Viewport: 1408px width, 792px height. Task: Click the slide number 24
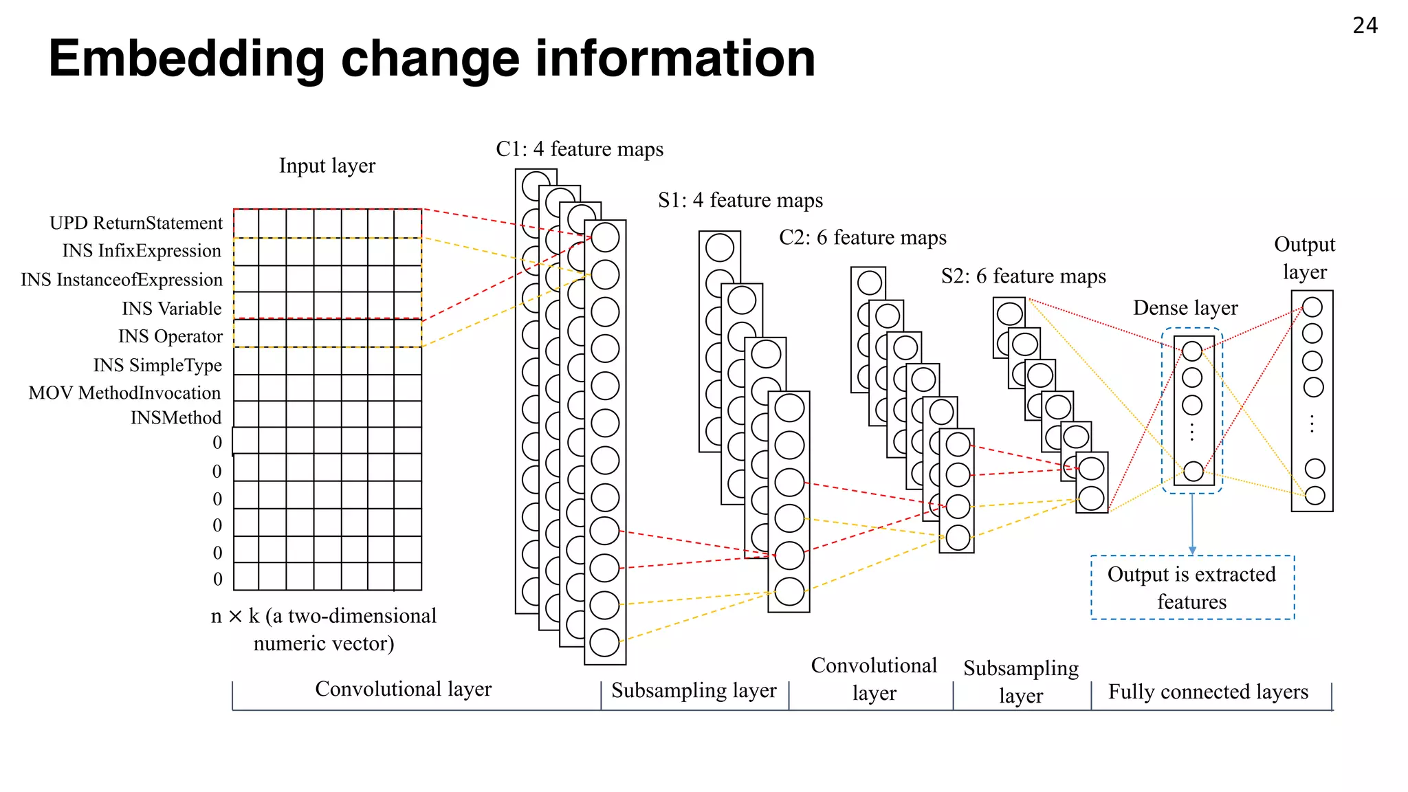click(1365, 25)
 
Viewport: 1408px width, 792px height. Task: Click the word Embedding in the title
click(186, 59)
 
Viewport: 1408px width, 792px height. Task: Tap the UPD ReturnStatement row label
click(136, 223)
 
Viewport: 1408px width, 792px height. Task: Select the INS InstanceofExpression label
click(122, 280)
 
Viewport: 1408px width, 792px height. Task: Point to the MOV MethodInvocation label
click(124, 393)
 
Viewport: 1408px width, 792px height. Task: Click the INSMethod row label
click(176, 418)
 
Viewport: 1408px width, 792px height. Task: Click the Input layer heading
click(327, 166)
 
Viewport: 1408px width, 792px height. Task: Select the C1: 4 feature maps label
click(580, 149)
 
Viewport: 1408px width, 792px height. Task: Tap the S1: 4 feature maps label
click(740, 200)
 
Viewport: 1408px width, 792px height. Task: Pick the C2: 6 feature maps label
click(863, 238)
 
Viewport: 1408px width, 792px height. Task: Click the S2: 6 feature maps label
click(1024, 276)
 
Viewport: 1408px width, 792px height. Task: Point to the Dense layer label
click(1185, 308)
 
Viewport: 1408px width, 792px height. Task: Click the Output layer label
click(1304, 258)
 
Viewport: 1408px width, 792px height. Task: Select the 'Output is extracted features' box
click(1192, 588)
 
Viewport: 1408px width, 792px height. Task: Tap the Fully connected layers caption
click(1208, 692)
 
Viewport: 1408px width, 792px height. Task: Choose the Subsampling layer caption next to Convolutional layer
click(694, 690)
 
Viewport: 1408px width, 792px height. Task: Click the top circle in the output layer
click(1312, 307)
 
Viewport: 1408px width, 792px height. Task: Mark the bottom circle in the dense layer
click(1193, 472)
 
